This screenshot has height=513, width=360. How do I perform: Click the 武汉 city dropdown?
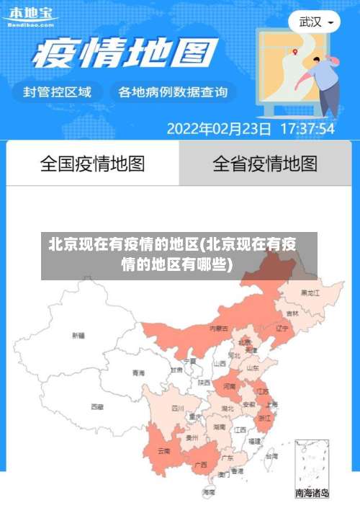[x=315, y=22]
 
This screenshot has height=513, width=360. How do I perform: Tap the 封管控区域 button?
[x=58, y=92]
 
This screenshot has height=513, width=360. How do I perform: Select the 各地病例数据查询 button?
[x=172, y=92]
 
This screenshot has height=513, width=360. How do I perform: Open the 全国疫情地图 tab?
[x=92, y=164]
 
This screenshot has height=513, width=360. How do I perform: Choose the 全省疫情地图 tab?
[x=264, y=164]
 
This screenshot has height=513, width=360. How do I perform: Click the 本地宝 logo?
[x=30, y=16]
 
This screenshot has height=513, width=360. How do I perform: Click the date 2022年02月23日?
[x=219, y=129]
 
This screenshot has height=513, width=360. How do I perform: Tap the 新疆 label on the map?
[x=78, y=335]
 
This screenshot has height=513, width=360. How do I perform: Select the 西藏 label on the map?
[x=96, y=406]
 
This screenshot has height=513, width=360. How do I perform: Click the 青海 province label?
[x=138, y=373]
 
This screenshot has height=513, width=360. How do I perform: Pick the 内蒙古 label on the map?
[x=219, y=329]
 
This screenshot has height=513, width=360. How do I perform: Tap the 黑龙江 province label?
[x=310, y=293]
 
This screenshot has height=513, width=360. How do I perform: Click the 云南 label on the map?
[x=163, y=451]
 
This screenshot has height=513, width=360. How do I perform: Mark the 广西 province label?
[x=201, y=465]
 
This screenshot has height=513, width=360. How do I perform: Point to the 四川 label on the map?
[x=177, y=408]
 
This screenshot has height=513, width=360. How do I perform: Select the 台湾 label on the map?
[x=271, y=456]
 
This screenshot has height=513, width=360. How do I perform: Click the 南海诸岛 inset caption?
[x=312, y=494]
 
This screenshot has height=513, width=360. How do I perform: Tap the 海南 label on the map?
[x=209, y=492]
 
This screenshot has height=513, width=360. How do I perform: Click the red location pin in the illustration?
[x=295, y=51]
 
